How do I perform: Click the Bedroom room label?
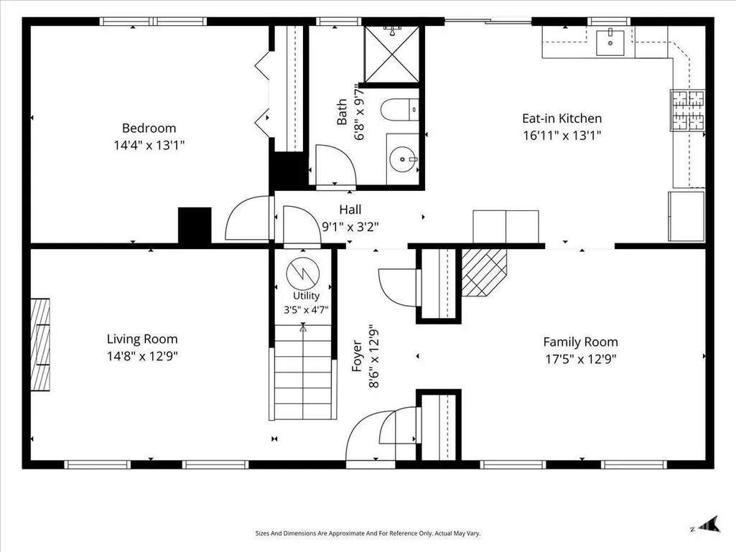click(x=149, y=128)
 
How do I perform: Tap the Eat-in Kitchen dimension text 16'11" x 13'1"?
click(x=562, y=136)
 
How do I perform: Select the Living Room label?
click(x=141, y=339)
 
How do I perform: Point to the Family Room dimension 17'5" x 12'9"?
click(x=580, y=359)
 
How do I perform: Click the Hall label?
click(x=350, y=210)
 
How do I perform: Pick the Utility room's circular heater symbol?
click(x=303, y=272)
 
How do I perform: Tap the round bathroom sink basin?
click(x=402, y=159)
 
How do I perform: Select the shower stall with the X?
click(x=391, y=54)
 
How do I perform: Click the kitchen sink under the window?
click(x=610, y=42)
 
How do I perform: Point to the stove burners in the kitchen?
click(x=687, y=110)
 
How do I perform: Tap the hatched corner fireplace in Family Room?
click(x=484, y=272)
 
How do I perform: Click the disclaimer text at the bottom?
click(x=368, y=533)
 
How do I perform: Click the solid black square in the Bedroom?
click(x=195, y=225)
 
